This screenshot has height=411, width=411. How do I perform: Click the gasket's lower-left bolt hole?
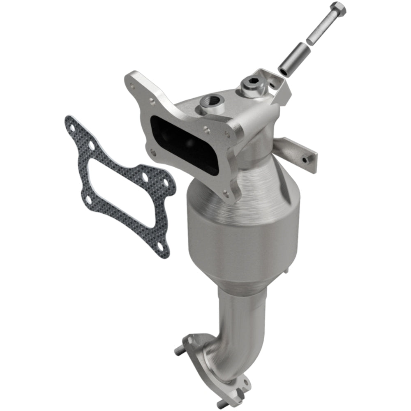(88, 200)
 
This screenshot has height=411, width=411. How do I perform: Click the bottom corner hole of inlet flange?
(225, 192)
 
